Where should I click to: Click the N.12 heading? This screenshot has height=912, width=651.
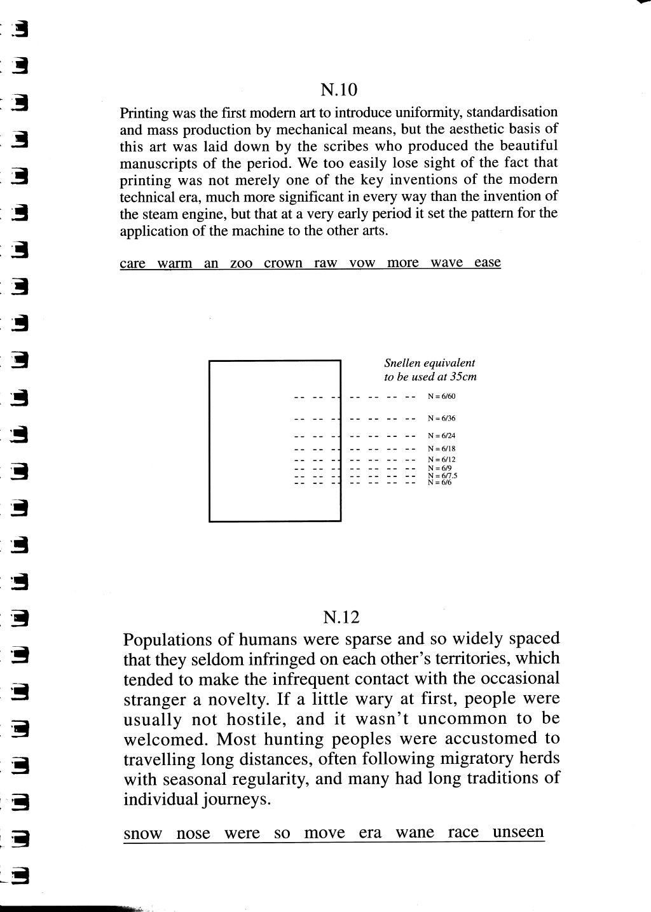tap(341, 617)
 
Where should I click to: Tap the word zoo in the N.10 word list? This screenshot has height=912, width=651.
tap(241, 263)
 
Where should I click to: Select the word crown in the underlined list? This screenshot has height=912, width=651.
tap(283, 263)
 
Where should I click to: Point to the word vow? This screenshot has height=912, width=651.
tap(362, 263)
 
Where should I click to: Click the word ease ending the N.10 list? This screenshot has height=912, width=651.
tap(488, 263)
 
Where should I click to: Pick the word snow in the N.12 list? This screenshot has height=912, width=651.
tap(143, 834)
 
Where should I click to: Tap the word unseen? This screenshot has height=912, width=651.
tap(519, 832)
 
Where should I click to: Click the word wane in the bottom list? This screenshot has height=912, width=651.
tap(415, 833)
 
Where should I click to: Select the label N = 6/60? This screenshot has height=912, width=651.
tap(441, 396)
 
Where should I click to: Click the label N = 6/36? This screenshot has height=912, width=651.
tap(441, 418)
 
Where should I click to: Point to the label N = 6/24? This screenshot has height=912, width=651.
tap(441, 436)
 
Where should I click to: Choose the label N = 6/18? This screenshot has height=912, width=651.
tap(441, 448)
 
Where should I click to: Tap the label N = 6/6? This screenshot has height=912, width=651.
tap(439, 483)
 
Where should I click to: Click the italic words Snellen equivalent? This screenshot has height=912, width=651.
tap(429, 363)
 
